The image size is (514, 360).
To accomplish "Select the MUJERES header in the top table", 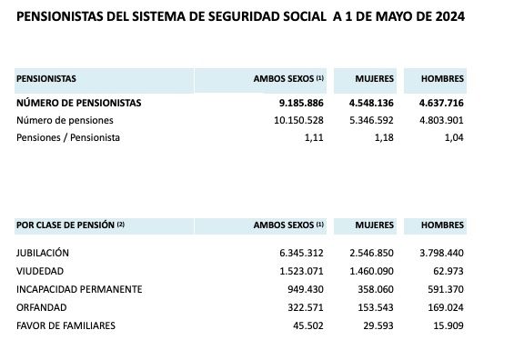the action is pos(375,79).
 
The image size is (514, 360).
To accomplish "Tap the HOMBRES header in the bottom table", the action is pos(442,225).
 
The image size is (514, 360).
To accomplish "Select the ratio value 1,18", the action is pos(383,137).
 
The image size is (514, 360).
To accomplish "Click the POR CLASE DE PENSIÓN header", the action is pos(70,225).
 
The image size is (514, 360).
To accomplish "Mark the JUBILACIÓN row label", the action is pos(43,253).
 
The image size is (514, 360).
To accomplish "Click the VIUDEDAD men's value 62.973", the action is pos(448,271).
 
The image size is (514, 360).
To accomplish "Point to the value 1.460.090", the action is pos(369,271).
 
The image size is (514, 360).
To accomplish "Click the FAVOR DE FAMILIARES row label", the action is pos(66,325).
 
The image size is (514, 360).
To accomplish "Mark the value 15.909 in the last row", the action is pos(448,325).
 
